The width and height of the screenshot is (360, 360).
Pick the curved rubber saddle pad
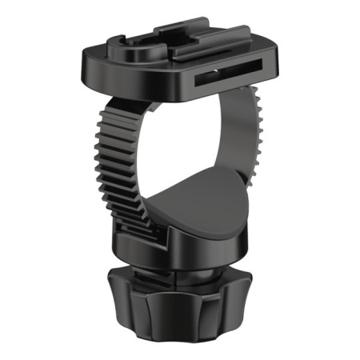(x=196, y=204)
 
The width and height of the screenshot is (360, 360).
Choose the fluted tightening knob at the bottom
(x=180, y=312)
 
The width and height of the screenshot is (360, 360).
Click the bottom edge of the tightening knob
(x=180, y=339)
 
